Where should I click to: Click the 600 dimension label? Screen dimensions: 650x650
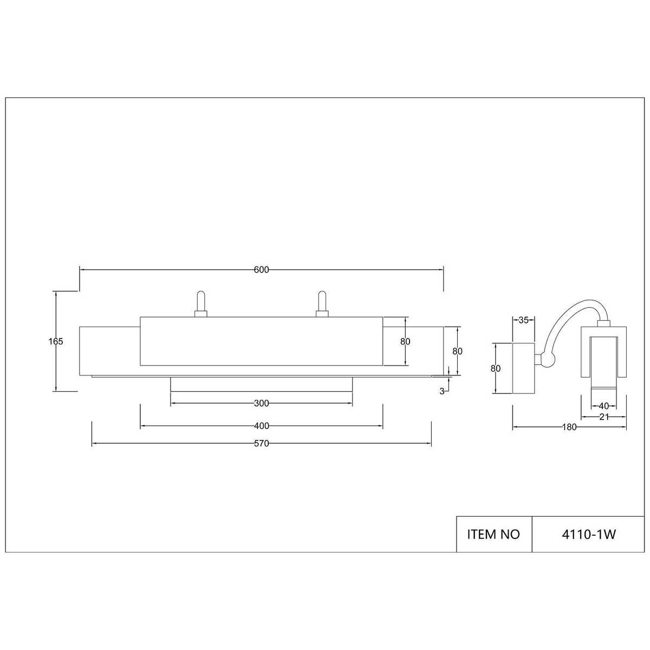pos(261,270)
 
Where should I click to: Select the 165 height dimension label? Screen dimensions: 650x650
pos(56,341)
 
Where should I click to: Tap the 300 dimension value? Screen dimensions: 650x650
pos(262,403)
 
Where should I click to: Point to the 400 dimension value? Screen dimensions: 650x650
pos(262,426)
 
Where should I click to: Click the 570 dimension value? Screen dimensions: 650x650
pos(262,444)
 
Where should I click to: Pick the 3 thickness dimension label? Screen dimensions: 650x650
pos(442,391)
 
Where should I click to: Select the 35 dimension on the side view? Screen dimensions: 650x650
pos(523,320)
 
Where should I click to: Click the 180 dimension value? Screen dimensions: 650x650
pos(569,427)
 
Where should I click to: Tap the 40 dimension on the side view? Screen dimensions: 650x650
pos(604,406)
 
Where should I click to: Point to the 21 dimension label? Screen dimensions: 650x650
pos(604,417)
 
